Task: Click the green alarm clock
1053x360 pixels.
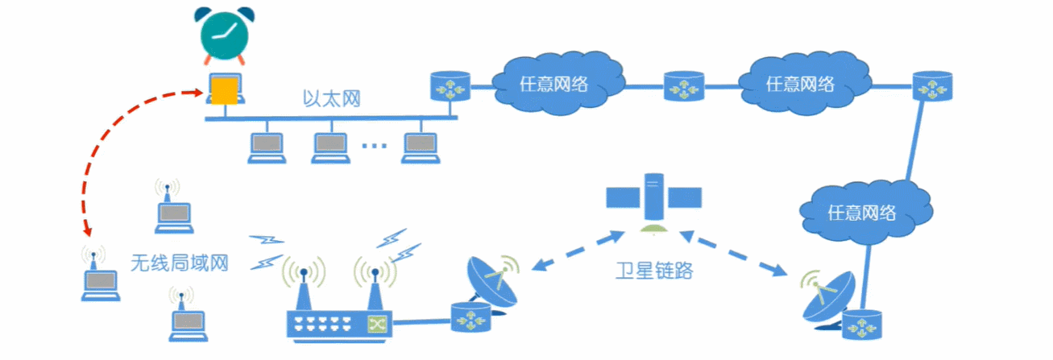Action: [223, 36]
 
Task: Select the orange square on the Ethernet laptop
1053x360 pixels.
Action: [224, 90]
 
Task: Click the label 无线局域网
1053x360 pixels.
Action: [180, 262]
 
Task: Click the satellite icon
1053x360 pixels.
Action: [653, 197]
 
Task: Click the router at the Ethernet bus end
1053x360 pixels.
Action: [450, 85]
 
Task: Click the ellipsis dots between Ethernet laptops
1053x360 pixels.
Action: [374, 146]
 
